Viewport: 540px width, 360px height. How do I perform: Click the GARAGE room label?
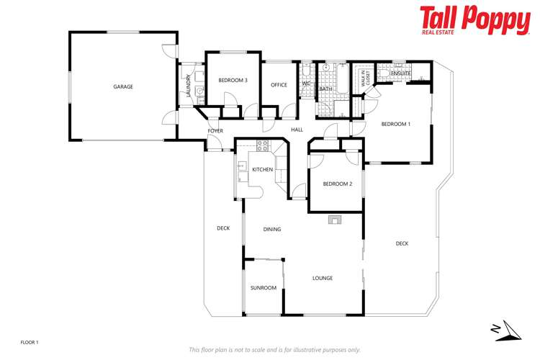click(x=123, y=87)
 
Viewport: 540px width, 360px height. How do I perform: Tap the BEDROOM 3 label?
click(x=233, y=80)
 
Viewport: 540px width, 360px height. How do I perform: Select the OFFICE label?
click(x=279, y=85)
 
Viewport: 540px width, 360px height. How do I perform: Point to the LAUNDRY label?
click(x=189, y=86)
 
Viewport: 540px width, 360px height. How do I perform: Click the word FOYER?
click(x=215, y=131)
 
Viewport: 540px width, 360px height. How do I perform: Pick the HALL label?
click(x=297, y=130)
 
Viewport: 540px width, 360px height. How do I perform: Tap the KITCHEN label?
click(x=262, y=169)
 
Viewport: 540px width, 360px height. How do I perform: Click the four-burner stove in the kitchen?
click(x=262, y=145)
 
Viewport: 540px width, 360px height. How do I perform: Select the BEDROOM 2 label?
click(x=338, y=184)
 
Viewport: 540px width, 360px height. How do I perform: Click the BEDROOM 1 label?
click(x=396, y=124)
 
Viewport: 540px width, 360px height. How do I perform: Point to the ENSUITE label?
click(x=400, y=73)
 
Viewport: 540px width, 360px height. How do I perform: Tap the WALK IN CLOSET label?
click(x=365, y=78)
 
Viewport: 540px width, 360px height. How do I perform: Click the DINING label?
click(x=272, y=229)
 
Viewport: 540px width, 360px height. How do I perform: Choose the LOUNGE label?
click(x=323, y=278)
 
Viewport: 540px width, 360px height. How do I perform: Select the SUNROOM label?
click(x=264, y=288)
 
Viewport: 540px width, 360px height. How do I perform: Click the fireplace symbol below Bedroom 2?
click(x=335, y=220)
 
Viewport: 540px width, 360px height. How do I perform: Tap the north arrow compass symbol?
click(x=506, y=330)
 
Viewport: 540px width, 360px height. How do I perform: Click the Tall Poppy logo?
click(x=475, y=20)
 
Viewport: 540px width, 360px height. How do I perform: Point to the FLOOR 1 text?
click(x=30, y=343)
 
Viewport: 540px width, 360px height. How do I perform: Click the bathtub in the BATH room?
click(x=343, y=78)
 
